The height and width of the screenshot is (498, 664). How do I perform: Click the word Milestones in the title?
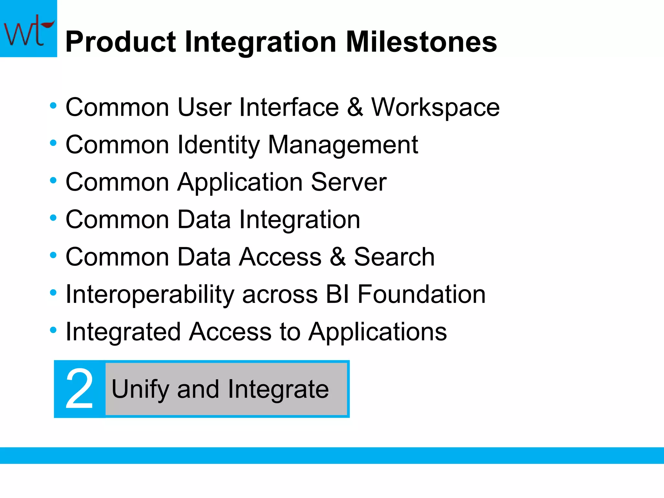pyautogui.click(x=421, y=42)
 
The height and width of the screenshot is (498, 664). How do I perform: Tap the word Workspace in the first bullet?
pyautogui.click(x=435, y=107)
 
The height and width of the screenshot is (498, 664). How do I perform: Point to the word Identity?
pyautogui.click(x=219, y=145)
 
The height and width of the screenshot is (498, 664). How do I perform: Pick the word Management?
pyautogui.click(x=343, y=145)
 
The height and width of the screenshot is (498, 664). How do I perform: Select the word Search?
pyautogui.click(x=394, y=257)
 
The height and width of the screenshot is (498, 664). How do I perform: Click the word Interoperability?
pyautogui.click(x=150, y=294)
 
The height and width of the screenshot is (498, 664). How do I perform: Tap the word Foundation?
pyautogui.click(x=421, y=294)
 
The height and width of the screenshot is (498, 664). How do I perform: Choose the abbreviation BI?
pyautogui.click(x=338, y=294)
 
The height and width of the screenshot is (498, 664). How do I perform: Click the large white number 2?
pyautogui.click(x=79, y=389)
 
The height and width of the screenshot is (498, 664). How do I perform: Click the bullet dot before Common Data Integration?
pyautogui.click(x=53, y=218)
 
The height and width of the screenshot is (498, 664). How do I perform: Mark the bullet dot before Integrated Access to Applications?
pyautogui.click(x=53, y=330)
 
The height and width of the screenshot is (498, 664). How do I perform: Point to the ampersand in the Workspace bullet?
pyautogui.click(x=355, y=107)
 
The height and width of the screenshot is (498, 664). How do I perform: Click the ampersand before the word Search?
pyautogui.click(x=338, y=257)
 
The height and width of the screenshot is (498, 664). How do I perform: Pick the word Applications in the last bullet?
pyautogui.click(x=377, y=332)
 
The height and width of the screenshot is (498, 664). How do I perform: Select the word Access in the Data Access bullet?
pyautogui.click(x=280, y=257)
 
